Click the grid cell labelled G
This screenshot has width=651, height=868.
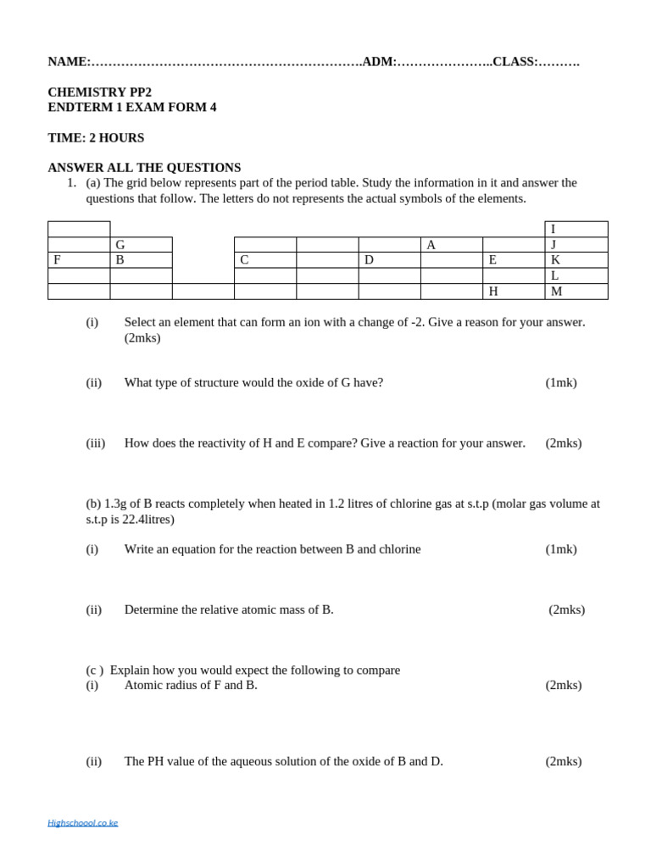141,245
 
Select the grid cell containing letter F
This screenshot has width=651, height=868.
79,260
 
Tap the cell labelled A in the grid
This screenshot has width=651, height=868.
451,245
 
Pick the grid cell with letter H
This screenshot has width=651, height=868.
513,292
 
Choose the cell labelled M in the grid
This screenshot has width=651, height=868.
576,292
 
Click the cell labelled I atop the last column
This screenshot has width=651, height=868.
576,230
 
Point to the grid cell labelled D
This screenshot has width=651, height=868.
389,260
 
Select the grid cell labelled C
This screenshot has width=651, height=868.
264,260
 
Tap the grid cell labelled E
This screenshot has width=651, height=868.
513,260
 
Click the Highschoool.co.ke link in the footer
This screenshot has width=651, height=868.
83,822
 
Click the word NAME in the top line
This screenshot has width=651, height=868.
67,62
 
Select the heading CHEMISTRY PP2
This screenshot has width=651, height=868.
100,92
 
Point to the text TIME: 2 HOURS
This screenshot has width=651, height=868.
96,138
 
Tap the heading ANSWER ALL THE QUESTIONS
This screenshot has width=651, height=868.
144,168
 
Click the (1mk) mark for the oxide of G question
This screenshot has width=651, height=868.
561,382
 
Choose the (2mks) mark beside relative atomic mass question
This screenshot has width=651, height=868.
566,609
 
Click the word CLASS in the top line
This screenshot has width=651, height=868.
514,62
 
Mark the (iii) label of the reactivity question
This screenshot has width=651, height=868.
96,442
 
